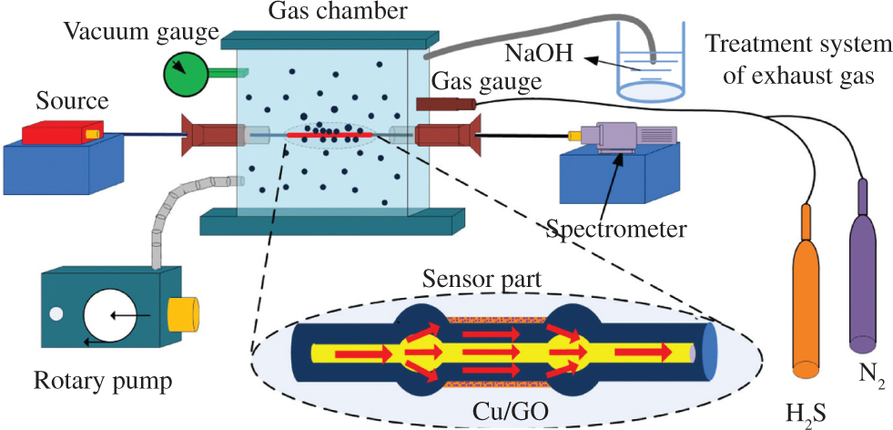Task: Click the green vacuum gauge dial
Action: (x=187, y=72)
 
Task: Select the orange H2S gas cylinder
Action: (x=806, y=301)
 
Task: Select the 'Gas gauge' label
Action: (x=486, y=82)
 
